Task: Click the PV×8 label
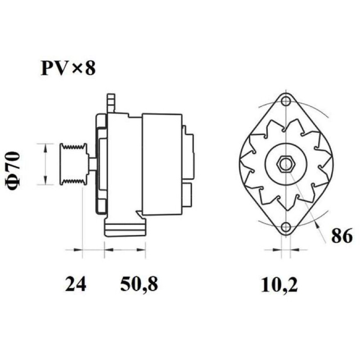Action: tap(68, 68)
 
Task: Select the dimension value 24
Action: tap(76, 284)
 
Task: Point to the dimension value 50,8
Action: tap(139, 285)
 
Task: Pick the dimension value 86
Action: tap(342, 235)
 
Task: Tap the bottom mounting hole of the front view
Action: tap(286, 227)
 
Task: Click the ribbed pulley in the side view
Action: tap(74, 164)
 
